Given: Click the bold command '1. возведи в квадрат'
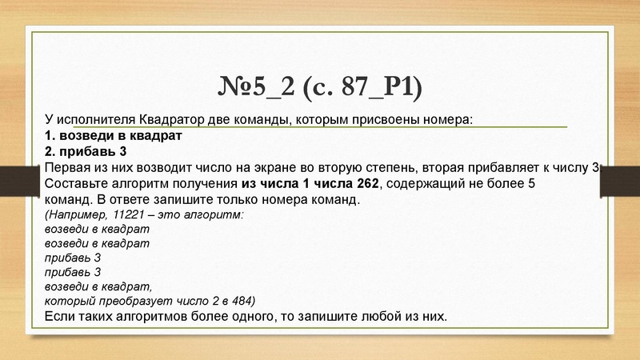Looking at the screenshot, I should (114, 136).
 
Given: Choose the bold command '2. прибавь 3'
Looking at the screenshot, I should (87, 152).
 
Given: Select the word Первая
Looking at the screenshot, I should (69, 168).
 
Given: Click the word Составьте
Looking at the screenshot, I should (78, 184).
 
